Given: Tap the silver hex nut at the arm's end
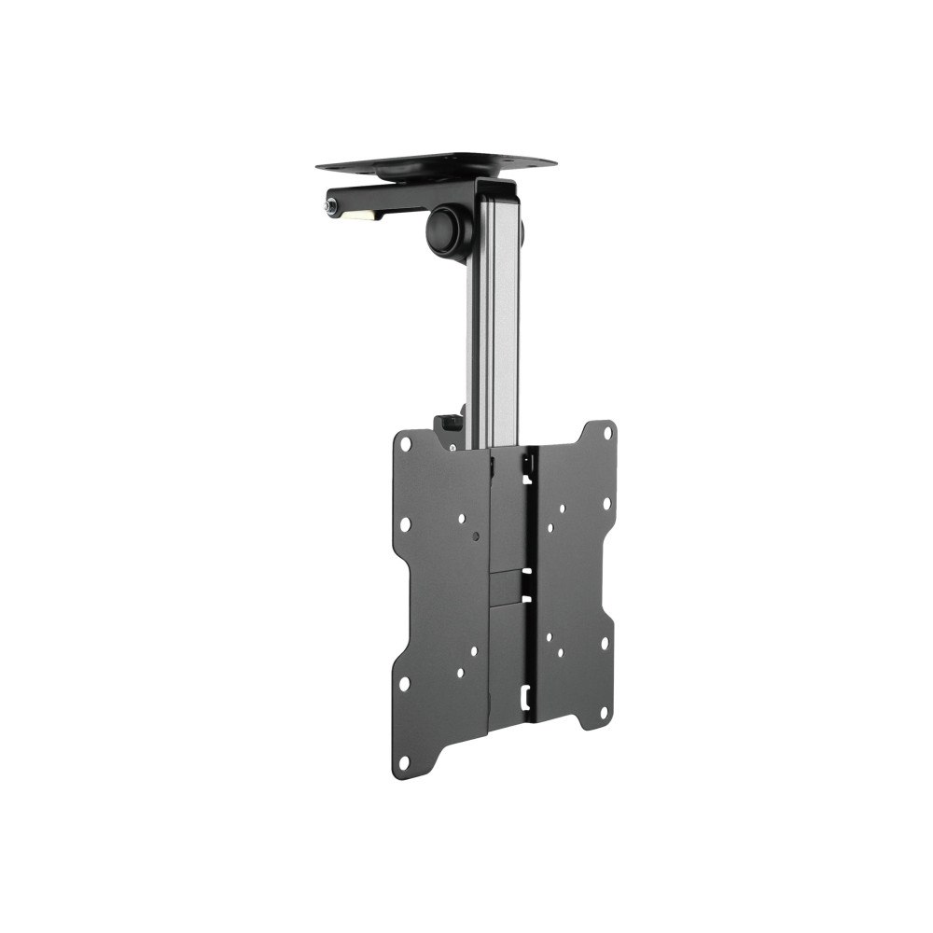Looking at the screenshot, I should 332,205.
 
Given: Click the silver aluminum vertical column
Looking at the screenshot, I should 494,327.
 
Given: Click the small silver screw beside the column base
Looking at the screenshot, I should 453,446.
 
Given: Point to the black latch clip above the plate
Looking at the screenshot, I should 450,425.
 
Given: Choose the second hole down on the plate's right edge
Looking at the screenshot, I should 606,504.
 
